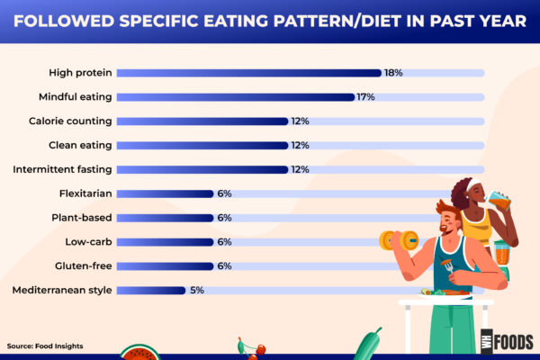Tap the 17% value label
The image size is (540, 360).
(365, 97)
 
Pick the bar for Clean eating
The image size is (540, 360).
(202, 145)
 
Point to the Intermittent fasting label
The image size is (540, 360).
(62, 169)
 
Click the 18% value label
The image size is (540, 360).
(393, 73)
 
